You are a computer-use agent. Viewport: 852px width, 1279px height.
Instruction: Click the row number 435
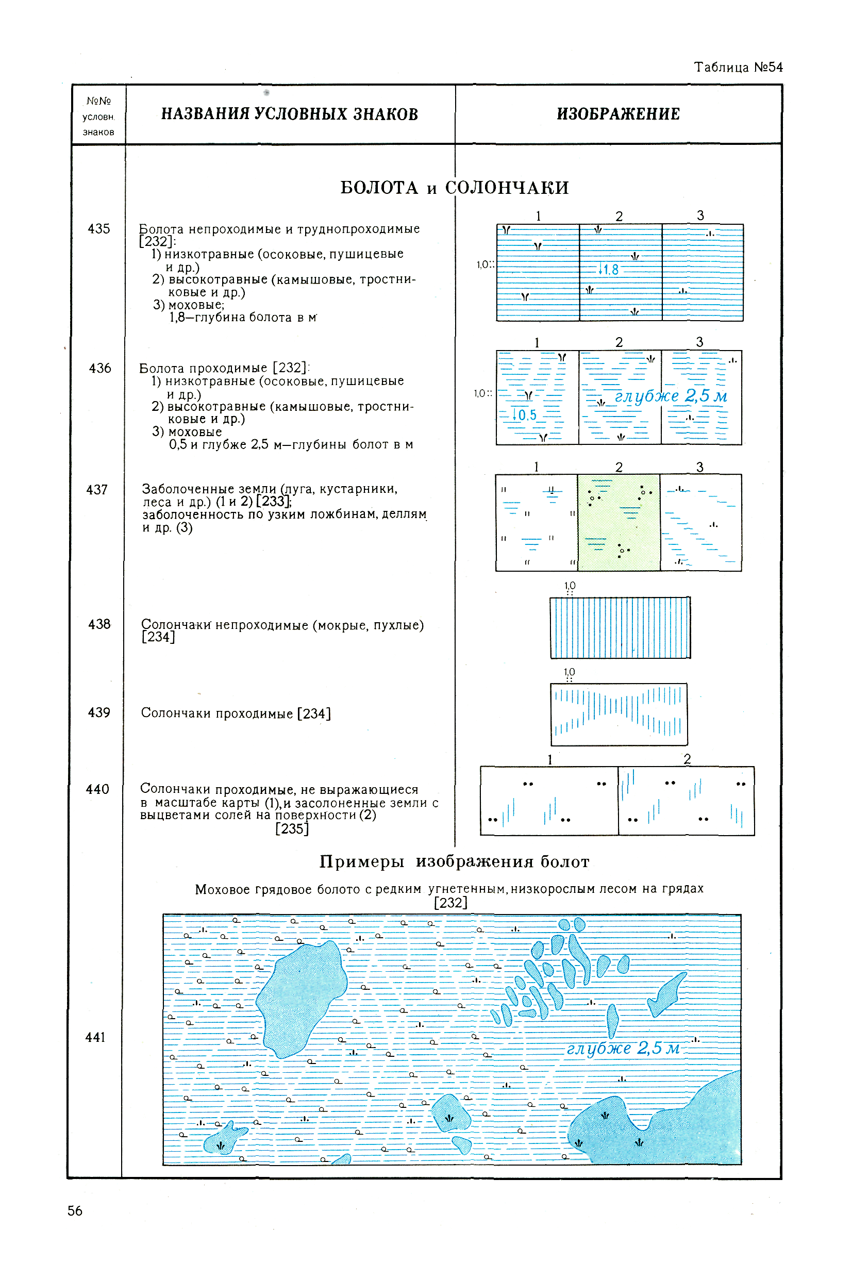click(98, 229)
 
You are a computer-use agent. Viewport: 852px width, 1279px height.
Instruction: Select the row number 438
click(99, 624)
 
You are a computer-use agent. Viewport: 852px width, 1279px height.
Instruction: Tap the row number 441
click(95, 1037)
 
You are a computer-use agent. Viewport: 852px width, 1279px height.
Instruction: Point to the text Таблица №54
click(738, 68)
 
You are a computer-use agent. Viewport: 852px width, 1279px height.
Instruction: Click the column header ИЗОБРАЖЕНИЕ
click(618, 114)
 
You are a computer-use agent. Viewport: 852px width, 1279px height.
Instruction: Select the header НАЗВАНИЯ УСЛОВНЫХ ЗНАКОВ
click(290, 114)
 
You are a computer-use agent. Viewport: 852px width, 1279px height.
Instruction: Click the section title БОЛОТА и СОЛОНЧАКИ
click(454, 188)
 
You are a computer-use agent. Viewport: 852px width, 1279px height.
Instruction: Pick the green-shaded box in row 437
click(619, 522)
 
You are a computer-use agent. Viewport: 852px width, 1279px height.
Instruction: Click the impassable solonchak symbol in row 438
click(620, 627)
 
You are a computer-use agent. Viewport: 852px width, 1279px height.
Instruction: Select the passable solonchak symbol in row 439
click(619, 714)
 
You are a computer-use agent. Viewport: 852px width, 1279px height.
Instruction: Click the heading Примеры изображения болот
click(454, 861)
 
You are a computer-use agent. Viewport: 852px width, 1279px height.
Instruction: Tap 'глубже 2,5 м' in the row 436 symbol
click(671, 396)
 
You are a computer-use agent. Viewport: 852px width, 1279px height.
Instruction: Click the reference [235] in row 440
click(292, 828)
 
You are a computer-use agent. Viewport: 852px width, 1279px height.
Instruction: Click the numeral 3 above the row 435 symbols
click(700, 215)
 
